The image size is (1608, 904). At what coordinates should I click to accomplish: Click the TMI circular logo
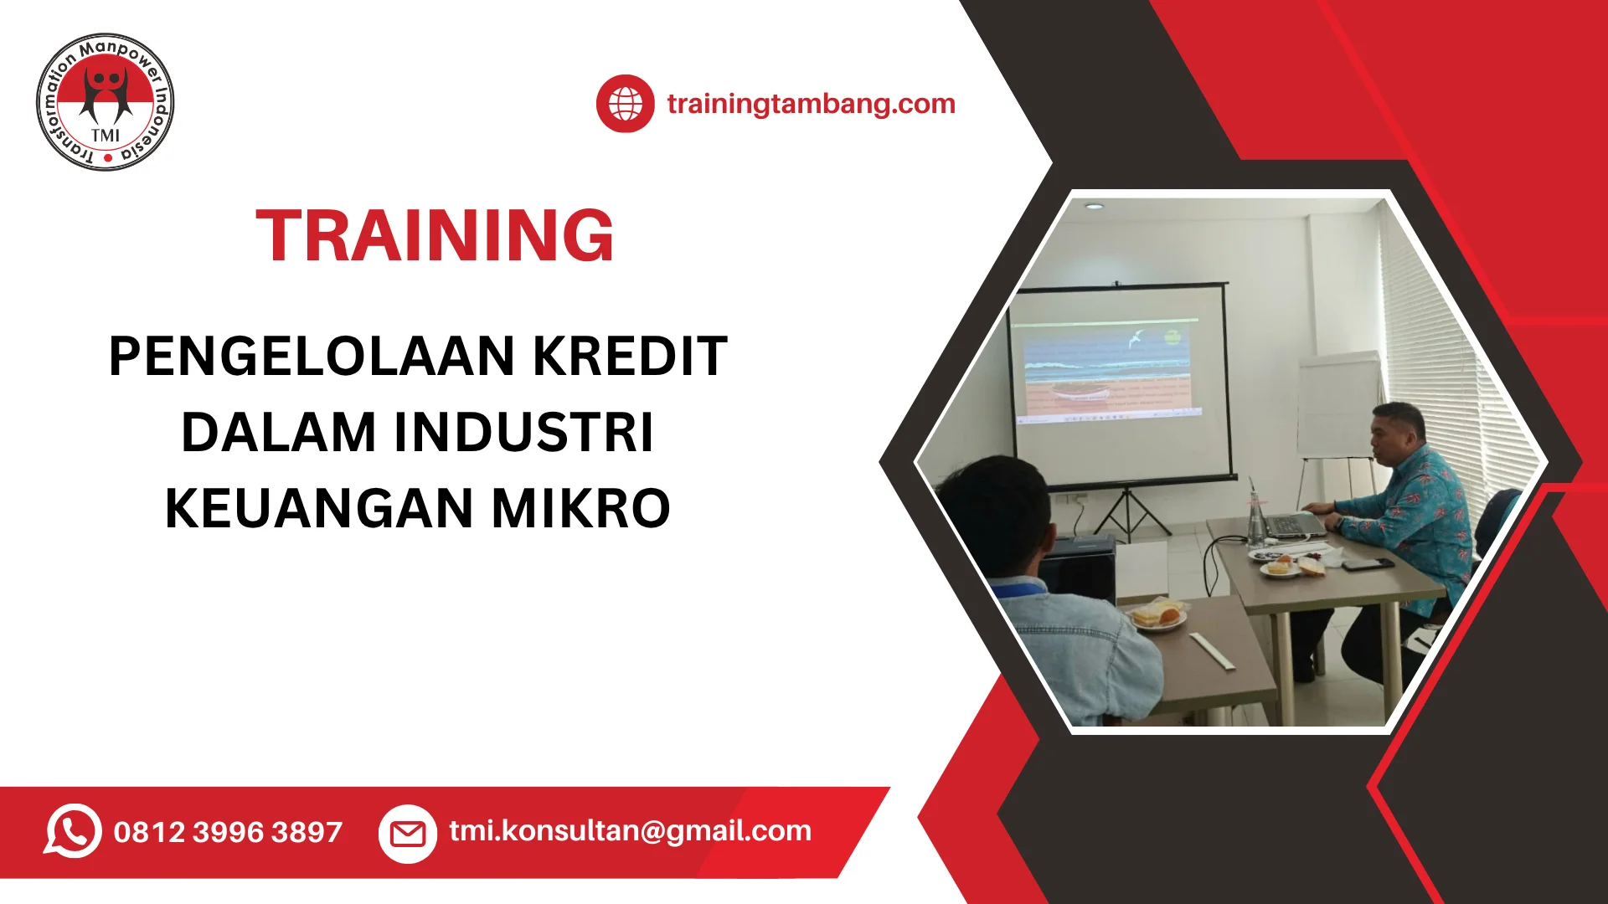[x=106, y=102]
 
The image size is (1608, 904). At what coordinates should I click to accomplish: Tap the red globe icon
[x=625, y=104]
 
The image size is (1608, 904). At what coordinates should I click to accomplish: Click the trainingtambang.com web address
[x=811, y=104]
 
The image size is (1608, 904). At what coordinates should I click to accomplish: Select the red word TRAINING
[x=435, y=236]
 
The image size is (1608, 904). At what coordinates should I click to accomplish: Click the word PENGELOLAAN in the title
[x=312, y=357]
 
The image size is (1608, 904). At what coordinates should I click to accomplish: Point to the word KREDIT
[x=630, y=357]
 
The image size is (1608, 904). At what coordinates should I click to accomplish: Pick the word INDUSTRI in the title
[x=523, y=433]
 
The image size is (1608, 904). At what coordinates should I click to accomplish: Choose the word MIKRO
[x=581, y=509]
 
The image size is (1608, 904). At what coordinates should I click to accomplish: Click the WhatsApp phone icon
[x=73, y=830]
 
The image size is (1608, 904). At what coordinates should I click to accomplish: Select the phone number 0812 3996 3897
[x=228, y=832]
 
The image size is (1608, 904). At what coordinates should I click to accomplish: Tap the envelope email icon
[x=408, y=833]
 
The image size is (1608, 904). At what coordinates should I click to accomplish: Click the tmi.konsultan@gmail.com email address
[x=630, y=830]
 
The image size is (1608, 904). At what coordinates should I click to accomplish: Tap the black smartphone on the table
[x=1367, y=563]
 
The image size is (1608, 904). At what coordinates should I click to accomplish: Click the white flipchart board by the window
[x=1338, y=407]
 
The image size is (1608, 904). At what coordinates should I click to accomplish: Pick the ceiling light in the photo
[x=1094, y=205]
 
